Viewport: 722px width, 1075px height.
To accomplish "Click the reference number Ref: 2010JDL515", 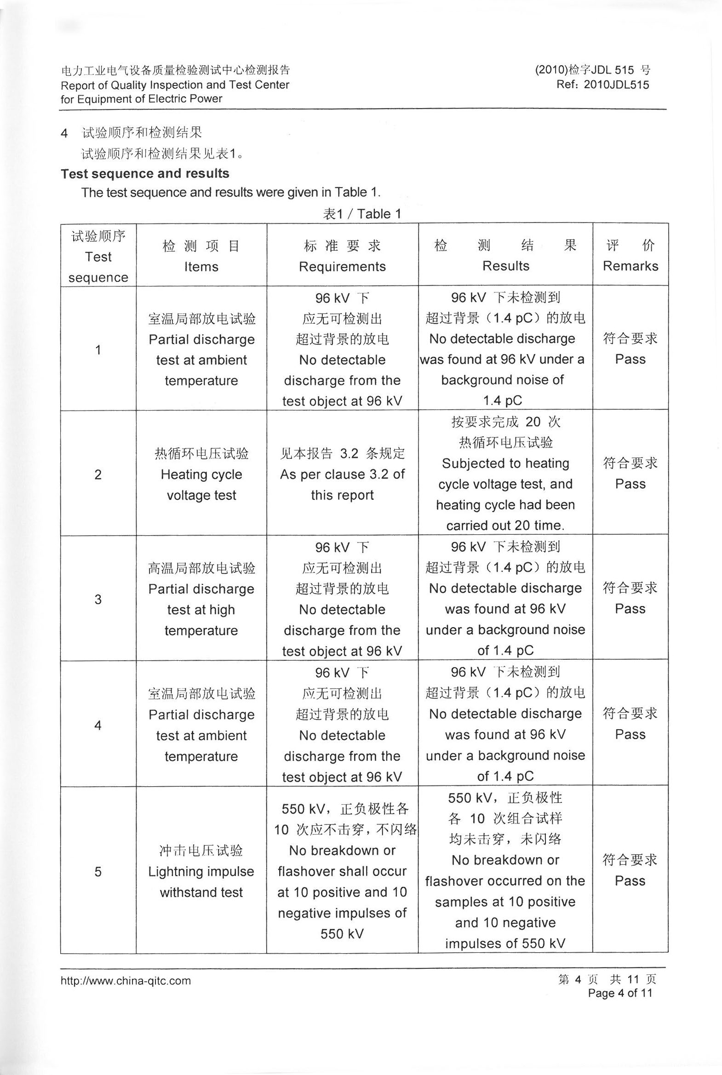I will (602, 85).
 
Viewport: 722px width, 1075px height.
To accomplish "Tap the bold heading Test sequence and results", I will (145, 173).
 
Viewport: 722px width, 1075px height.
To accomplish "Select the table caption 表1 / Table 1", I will (362, 214).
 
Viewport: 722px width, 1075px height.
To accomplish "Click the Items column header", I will (201, 267).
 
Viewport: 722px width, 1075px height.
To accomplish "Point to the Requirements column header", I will (342, 267).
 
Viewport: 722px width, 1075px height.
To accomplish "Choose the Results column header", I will (505, 266).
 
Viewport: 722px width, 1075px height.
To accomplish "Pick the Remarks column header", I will (630, 266).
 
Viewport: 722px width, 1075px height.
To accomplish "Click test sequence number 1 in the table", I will (98, 350).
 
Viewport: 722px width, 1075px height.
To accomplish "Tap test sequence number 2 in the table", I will (98, 475).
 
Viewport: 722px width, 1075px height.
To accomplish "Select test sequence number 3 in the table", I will (98, 600).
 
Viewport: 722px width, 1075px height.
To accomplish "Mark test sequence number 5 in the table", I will (98, 871).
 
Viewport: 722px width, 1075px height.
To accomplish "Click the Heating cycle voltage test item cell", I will (201, 475).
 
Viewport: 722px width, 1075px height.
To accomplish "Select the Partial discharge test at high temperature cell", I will (201, 600).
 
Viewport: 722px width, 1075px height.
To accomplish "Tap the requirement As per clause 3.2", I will (342, 475).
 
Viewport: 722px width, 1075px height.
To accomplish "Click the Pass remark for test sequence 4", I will (630, 734).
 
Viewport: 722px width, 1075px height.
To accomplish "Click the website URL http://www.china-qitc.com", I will (126, 981).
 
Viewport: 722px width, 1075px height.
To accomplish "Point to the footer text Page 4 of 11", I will (620, 993).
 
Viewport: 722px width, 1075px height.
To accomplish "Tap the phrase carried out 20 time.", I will (505, 525).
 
